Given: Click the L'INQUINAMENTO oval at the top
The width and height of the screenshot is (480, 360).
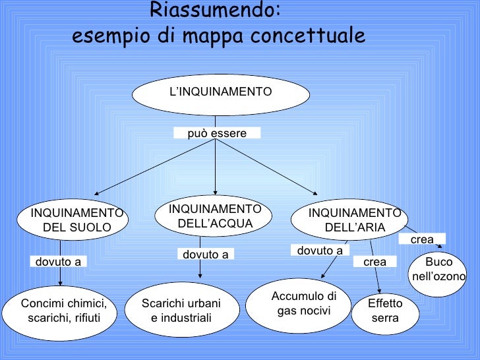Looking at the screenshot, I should [221, 92].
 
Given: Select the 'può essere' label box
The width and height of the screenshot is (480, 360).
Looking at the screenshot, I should [217, 133].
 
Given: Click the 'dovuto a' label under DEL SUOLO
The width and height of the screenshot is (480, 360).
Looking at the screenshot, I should [58, 262].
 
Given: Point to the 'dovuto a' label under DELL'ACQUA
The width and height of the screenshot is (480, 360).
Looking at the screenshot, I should [205, 254].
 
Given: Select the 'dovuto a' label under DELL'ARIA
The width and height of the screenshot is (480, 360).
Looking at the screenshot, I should [320, 251].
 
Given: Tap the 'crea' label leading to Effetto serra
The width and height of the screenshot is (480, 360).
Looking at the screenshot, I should [375, 262].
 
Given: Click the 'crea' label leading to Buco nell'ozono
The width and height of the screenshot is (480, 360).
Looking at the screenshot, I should [422, 240].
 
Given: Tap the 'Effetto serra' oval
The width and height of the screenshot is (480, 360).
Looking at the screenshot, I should [385, 312].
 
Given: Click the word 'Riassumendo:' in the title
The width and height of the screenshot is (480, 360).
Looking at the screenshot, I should [216, 10].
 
